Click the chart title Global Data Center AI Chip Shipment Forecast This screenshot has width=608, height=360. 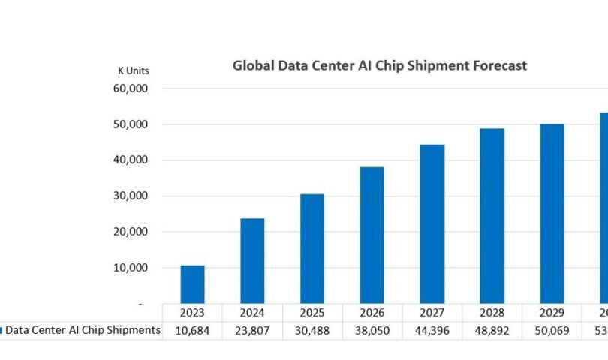pyautogui.click(x=379, y=66)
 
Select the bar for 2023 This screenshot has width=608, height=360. pyautogui.click(x=192, y=284)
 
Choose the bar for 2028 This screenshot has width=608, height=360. pyautogui.click(x=492, y=216)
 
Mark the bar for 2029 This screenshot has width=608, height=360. pyautogui.click(x=552, y=214)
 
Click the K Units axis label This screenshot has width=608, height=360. pyautogui.click(x=134, y=70)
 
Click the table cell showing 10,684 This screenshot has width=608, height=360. pyautogui.click(x=192, y=330)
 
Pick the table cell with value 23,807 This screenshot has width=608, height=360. pyautogui.click(x=252, y=330)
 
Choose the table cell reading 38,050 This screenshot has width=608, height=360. pyautogui.click(x=372, y=330)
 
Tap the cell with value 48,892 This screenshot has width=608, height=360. pyautogui.click(x=492, y=330)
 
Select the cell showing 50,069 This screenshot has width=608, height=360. pyautogui.click(x=552, y=330)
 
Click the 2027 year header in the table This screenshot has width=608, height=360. pyautogui.click(x=432, y=312)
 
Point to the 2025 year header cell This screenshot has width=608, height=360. pyautogui.click(x=312, y=312)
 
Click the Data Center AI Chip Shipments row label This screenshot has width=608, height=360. pyautogui.click(x=83, y=330)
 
